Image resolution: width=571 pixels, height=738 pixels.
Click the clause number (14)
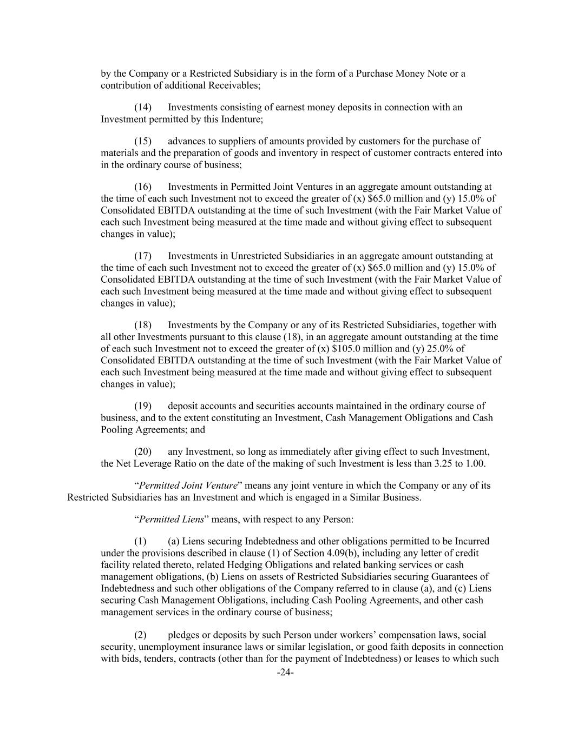143,107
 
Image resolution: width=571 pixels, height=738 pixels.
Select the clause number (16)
143,187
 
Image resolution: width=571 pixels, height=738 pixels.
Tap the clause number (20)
143,451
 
